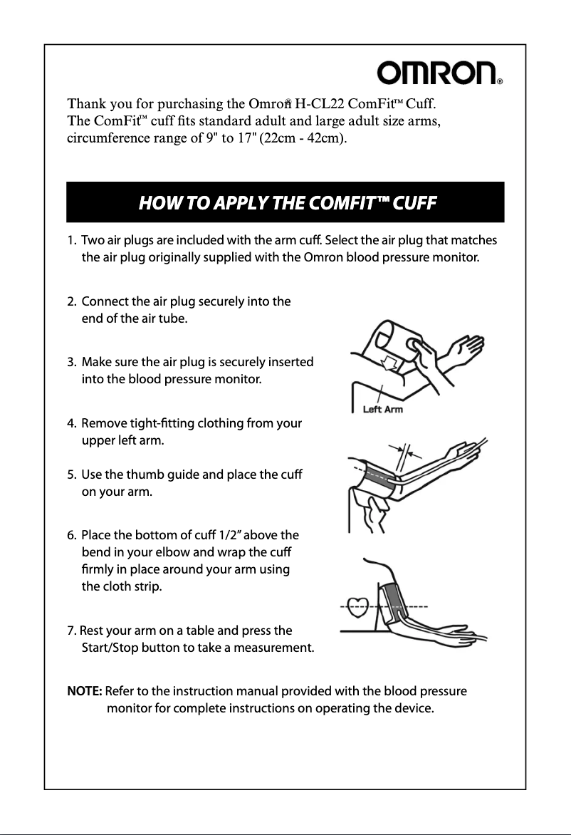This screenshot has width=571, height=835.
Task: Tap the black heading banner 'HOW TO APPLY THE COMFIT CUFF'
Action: [285, 202]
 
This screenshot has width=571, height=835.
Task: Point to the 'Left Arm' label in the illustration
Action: [383, 410]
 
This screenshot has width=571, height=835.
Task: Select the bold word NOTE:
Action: [85, 692]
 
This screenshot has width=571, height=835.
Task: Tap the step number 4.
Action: [70, 424]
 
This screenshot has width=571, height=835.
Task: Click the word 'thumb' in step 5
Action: [151, 474]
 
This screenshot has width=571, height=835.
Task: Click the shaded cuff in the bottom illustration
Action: [394, 602]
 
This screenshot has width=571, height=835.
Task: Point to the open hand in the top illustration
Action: [462, 348]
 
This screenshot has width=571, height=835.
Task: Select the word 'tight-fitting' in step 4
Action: [158, 424]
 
